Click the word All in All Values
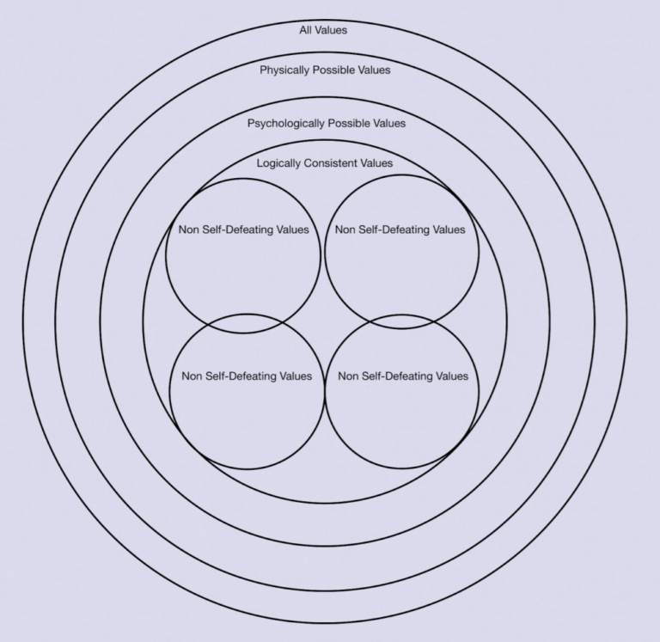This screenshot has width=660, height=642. pyautogui.click(x=307, y=30)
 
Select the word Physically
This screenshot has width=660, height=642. pyautogui.click(x=285, y=70)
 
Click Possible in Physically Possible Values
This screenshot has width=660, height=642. pyautogui.click(x=337, y=70)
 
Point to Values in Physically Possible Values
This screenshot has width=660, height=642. pyautogui.click(x=375, y=70)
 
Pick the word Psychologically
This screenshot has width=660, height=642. pyautogui.click(x=285, y=123)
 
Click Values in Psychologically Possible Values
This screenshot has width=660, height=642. pyautogui.click(x=388, y=123)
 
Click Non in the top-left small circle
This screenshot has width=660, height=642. pyautogui.click(x=188, y=229)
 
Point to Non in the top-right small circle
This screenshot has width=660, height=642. pyautogui.click(x=345, y=229)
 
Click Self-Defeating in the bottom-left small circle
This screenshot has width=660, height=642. pyautogui.click(x=241, y=376)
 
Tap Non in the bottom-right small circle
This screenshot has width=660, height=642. pyautogui.click(x=349, y=376)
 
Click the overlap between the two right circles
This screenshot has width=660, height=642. pyautogui.click(x=401, y=321)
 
